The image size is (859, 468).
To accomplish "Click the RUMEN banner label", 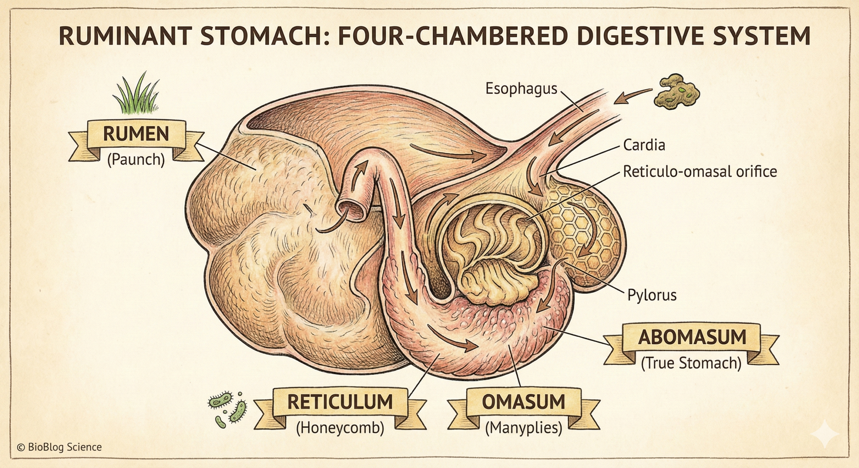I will tap(136, 134).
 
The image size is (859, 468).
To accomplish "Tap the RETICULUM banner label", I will tap(340, 402).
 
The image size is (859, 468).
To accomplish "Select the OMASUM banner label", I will tap(523, 402).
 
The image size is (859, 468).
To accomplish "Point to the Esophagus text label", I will tap(521, 89).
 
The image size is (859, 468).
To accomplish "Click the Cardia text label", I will tap(644, 145).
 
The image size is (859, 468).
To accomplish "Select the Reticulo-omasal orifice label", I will tap(700, 172).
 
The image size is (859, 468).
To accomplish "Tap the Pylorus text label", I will tap(652, 295).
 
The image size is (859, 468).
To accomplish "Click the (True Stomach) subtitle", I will tap(691, 363).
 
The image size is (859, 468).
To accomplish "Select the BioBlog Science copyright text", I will tap(59, 447).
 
